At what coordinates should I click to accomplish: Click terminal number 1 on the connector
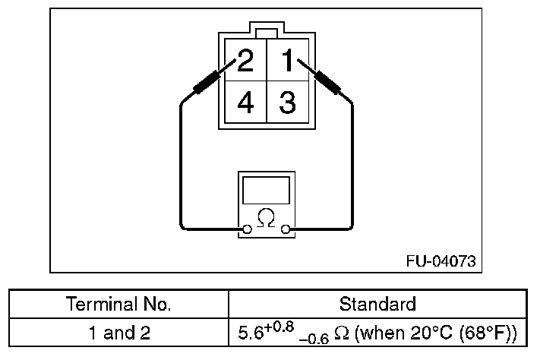pyautogui.click(x=287, y=60)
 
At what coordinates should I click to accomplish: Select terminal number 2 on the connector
pyautogui.click(x=245, y=60)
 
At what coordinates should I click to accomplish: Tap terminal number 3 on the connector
pyautogui.click(x=287, y=103)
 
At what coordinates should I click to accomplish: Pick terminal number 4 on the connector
pyautogui.click(x=245, y=103)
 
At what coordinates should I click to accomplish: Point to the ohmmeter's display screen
pyautogui.click(x=265, y=189)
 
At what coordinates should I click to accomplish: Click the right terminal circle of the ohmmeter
pyautogui.click(x=286, y=228)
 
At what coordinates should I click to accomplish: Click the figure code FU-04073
pyautogui.click(x=441, y=262)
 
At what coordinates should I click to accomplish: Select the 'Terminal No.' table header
pyautogui.click(x=119, y=305)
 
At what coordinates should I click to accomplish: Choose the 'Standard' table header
pyautogui.click(x=377, y=305)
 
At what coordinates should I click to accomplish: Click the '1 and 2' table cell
pyautogui.click(x=119, y=332)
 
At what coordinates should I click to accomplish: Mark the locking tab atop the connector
pyautogui.click(x=266, y=33)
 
